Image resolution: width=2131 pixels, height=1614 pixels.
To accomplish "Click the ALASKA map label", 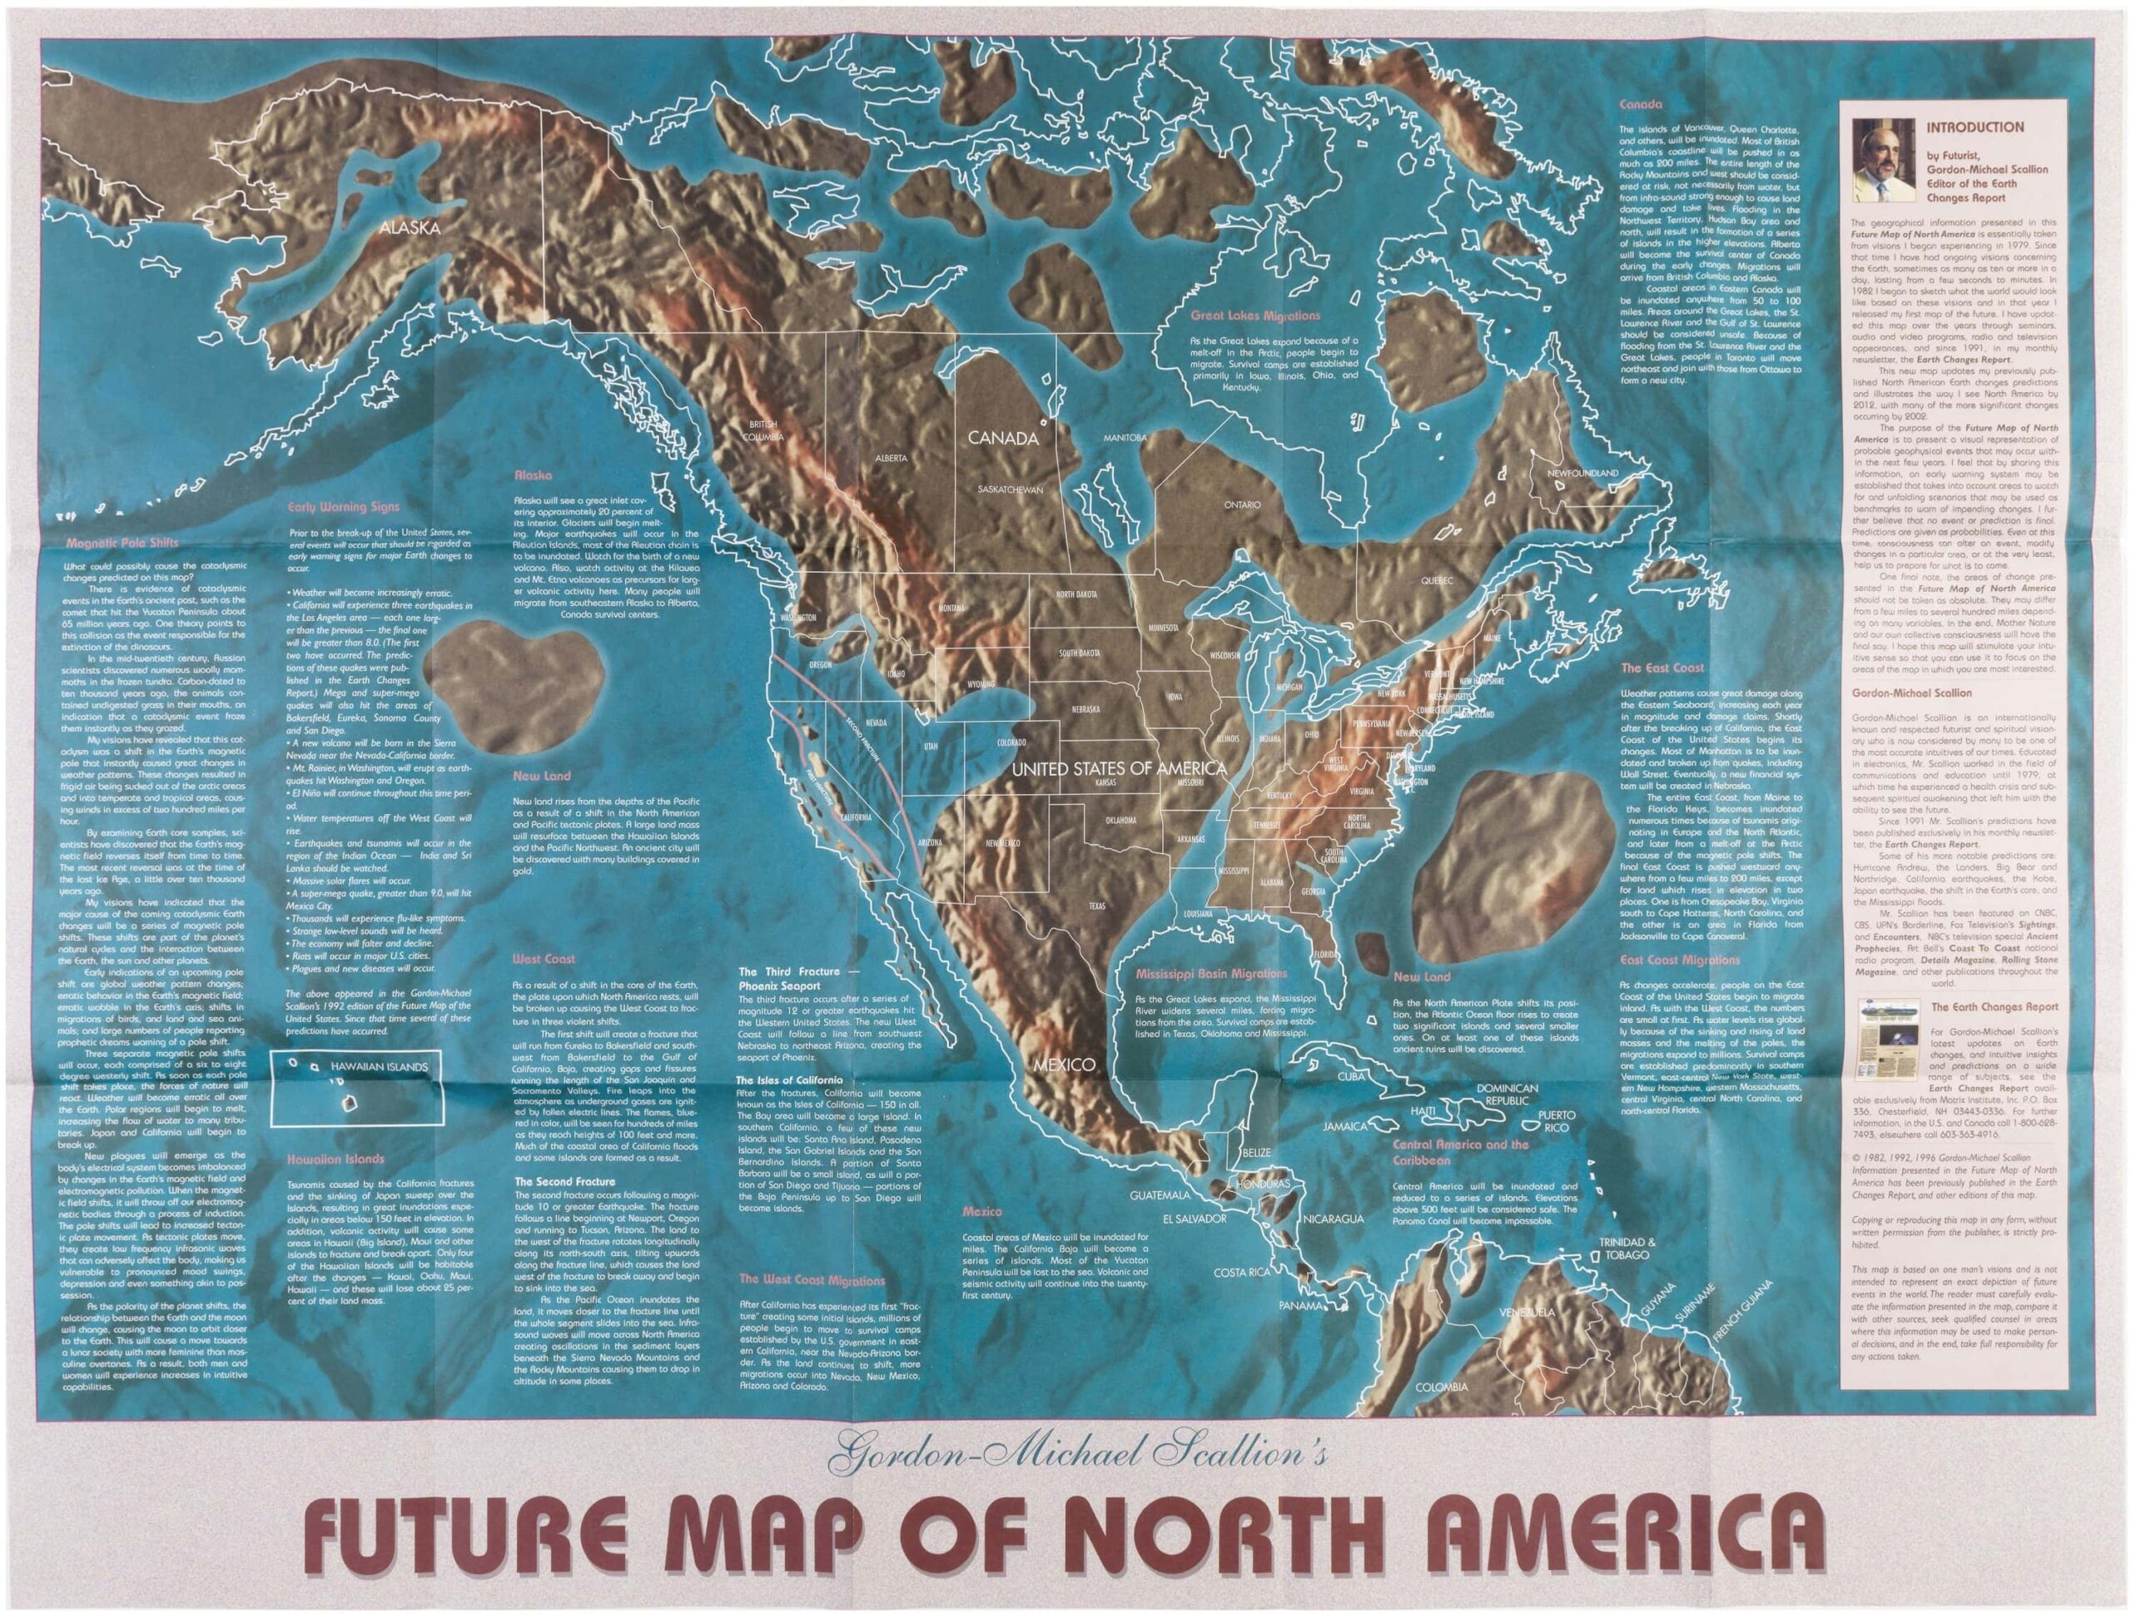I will click(x=410, y=228).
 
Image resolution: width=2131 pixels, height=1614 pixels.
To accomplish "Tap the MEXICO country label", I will click(x=1064, y=1065).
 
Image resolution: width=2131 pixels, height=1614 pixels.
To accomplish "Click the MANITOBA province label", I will click(x=1125, y=438).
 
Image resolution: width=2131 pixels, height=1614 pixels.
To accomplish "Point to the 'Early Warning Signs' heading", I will click(x=344, y=506).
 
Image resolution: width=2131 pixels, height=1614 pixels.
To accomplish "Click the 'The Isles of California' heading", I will click(x=789, y=1080).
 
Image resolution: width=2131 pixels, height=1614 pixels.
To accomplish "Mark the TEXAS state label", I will click(x=1096, y=906).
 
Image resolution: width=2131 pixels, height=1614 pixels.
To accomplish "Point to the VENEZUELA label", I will click(x=1523, y=1314).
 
